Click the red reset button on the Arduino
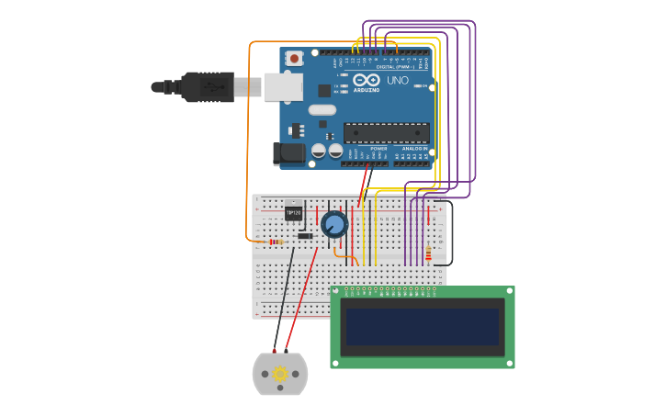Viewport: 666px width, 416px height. point(294,59)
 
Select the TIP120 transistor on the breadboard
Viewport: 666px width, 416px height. point(294,212)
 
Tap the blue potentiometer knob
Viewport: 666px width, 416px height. point(334,224)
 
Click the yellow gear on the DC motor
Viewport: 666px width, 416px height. point(279,374)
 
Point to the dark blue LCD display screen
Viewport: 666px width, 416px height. point(423,326)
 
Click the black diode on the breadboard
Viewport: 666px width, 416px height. point(305,236)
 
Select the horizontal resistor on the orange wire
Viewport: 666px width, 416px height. point(275,242)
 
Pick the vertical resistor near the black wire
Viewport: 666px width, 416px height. point(428,253)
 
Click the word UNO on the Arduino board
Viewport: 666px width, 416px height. point(398,81)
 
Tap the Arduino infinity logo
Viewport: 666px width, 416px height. point(367,80)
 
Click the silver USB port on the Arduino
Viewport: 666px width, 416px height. point(283,87)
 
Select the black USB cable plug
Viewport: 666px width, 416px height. point(207,87)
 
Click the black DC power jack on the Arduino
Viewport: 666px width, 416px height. point(288,153)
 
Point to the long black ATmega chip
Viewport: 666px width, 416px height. point(386,132)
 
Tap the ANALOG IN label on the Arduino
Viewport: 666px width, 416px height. point(414,148)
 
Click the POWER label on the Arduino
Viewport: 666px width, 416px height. point(378,148)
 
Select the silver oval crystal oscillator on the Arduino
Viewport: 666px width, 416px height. point(322,110)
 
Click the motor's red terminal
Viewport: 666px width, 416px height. point(286,351)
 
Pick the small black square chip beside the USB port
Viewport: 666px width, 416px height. point(324,90)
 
